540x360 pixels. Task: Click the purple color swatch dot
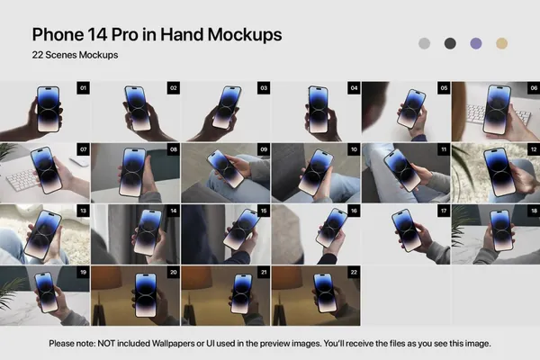pyautogui.click(x=475, y=43)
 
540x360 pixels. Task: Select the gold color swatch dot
pyautogui.click(x=501, y=43)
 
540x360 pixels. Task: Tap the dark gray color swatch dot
pyautogui.click(x=450, y=43)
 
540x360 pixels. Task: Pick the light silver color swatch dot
pyautogui.click(x=424, y=43)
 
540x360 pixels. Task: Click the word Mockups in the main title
pyautogui.click(x=245, y=35)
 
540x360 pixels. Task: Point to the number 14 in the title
pyautogui.click(x=98, y=34)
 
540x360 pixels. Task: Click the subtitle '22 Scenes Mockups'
pyautogui.click(x=75, y=55)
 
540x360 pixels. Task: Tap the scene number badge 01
pyautogui.click(x=84, y=88)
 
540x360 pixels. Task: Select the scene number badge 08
pyautogui.click(x=174, y=149)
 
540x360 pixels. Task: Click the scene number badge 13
pyautogui.click(x=84, y=211)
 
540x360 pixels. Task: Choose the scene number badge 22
pyautogui.click(x=354, y=272)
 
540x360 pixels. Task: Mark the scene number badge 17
pyautogui.click(x=444, y=211)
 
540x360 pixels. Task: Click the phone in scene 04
pyautogui.click(x=318, y=110)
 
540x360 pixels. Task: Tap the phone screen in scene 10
pyautogui.click(x=316, y=172)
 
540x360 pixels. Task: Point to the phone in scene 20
pyautogui.click(x=146, y=295)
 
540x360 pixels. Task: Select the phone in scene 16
pyautogui.click(x=331, y=228)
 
